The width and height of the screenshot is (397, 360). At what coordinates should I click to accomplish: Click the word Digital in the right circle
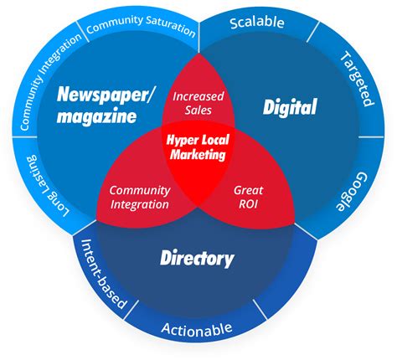(x=290, y=107)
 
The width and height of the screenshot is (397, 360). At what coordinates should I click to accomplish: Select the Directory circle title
(x=197, y=258)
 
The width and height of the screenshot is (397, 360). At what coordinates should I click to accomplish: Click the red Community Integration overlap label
(x=140, y=198)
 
